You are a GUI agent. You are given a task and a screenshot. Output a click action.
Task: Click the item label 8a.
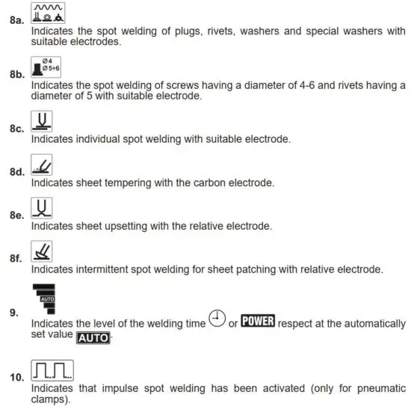pyautogui.click(x=16, y=21)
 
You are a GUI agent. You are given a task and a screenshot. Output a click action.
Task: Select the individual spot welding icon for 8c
pyautogui.click(x=42, y=121)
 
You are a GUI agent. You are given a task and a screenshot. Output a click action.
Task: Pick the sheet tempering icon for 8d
pyautogui.click(x=42, y=164)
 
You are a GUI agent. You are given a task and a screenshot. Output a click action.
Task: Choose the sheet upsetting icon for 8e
pyautogui.click(x=42, y=207)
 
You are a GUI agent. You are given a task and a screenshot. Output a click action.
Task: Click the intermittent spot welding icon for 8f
pyautogui.click(x=42, y=251)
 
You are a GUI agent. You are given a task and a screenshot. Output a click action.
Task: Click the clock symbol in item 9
pyautogui.click(x=217, y=319)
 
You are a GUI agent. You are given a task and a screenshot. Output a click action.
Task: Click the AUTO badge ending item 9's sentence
pyautogui.click(x=93, y=338)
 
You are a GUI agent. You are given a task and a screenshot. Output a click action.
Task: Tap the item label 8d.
pyautogui.click(x=16, y=172)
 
